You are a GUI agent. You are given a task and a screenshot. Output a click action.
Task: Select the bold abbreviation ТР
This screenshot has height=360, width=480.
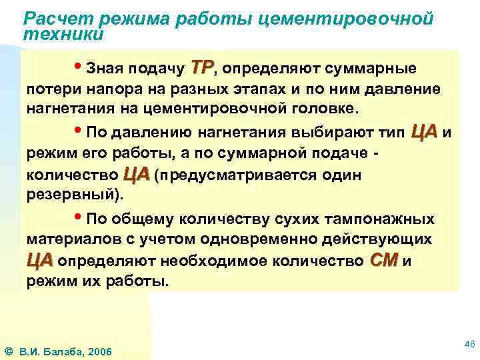[201, 67]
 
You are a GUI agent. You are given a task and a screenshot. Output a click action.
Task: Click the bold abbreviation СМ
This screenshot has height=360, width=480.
[383, 261]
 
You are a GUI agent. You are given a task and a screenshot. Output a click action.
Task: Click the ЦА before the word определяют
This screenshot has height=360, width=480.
[39, 261]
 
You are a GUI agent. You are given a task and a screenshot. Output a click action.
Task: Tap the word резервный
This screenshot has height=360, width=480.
[73, 197]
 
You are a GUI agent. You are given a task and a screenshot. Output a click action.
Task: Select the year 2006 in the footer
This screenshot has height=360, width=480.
[101, 351]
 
